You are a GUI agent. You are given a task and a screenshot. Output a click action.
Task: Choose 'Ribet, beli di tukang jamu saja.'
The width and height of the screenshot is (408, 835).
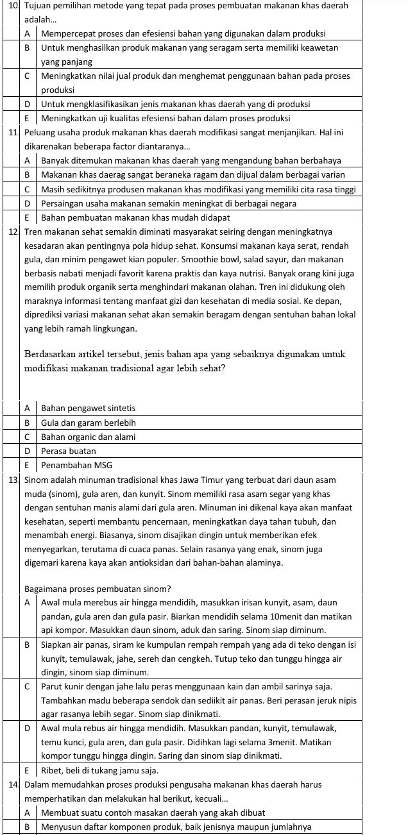point(99,770)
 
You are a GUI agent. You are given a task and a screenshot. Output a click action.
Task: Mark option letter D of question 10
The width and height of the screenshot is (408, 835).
point(28,104)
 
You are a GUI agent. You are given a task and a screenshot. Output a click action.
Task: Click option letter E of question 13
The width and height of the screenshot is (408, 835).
point(28,770)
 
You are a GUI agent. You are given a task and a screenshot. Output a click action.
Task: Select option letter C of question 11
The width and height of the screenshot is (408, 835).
point(28,189)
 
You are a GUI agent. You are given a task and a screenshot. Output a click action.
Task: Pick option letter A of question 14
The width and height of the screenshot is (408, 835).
point(28,813)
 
